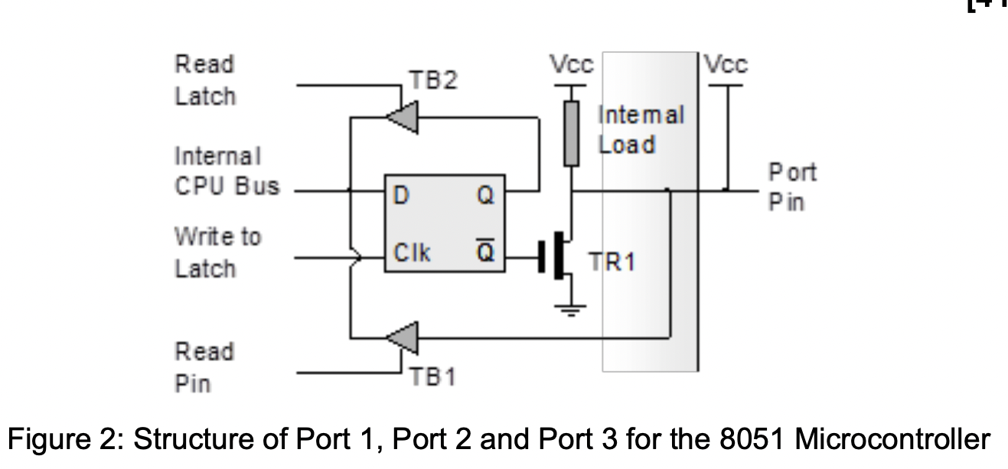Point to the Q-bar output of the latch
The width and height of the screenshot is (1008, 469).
[x=486, y=252]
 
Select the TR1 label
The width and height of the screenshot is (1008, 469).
[x=612, y=262]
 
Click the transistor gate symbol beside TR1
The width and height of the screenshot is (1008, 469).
[x=545, y=258]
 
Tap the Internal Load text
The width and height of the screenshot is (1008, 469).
[x=641, y=130]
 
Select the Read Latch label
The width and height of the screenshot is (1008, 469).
[x=205, y=80]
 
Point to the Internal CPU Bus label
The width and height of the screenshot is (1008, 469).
[x=227, y=171]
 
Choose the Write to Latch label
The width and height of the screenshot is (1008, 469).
[x=217, y=252]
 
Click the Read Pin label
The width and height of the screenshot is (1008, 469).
[x=204, y=367]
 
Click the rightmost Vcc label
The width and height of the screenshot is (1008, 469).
[x=726, y=65]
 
